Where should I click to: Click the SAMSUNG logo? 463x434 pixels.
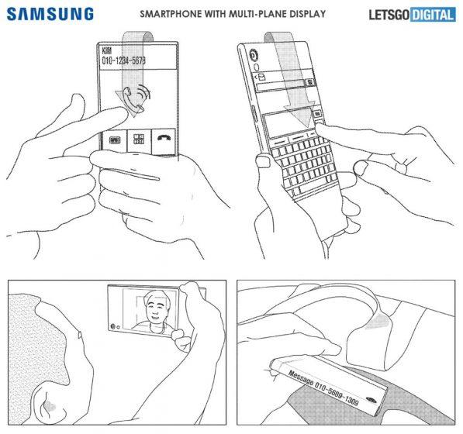pos(51,14)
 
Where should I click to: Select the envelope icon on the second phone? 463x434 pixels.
pos(263,77)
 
